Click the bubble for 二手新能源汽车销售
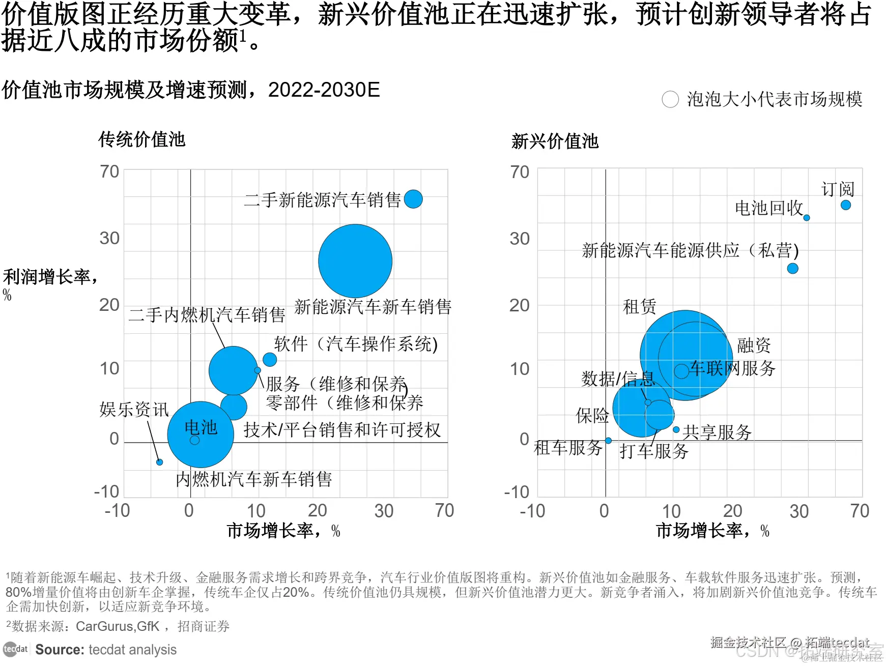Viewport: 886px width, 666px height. tap(413, 199)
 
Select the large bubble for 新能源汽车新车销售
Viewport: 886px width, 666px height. tap(355, 261)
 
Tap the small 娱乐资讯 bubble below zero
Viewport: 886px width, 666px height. tap(159, 462)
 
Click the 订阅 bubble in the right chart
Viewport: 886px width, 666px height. tap(846, 205)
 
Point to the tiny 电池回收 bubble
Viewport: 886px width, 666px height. tap(807, 218)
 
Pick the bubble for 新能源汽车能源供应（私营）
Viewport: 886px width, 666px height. tap(793, 268)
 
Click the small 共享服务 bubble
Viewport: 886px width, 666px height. tap(676, 430)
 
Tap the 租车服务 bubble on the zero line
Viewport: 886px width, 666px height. tap(608, 441)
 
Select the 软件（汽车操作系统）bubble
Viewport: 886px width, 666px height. tap(270, 360)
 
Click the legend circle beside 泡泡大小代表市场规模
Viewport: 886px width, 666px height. tap(670, 99)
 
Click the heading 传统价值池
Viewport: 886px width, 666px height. tap(142, 139)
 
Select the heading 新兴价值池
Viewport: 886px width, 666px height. tap(555, 141)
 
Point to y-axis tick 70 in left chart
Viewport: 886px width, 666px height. tap(109, 172)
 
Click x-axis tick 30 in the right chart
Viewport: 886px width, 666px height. tap(799, 511)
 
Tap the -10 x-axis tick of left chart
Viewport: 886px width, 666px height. tap(117, 511)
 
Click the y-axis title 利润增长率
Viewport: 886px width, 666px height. tap(50, 277)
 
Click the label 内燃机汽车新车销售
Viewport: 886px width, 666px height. tap(253, 479)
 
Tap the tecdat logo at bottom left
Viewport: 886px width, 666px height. tap(15, 649)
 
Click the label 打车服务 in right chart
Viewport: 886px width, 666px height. tap(654, 451)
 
